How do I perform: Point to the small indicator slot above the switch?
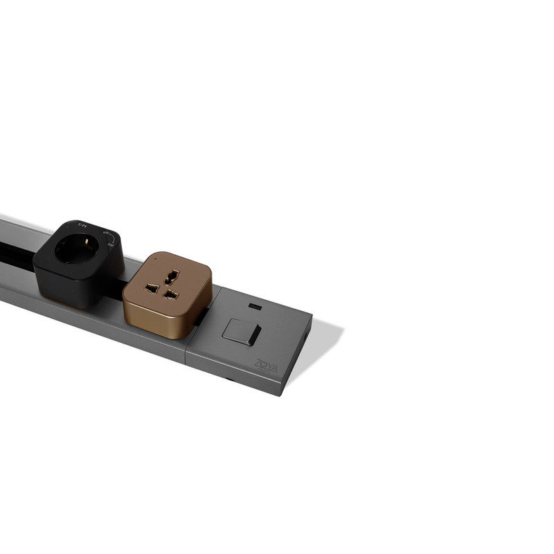255,306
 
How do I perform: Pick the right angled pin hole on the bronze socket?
170,294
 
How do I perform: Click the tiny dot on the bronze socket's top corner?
157,258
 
